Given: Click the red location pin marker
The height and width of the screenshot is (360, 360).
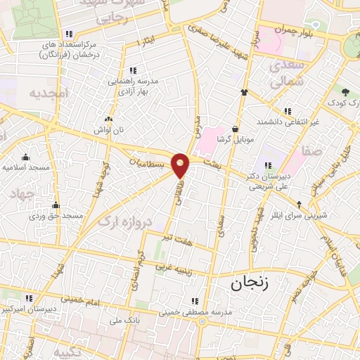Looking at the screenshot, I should [x=181, y=165].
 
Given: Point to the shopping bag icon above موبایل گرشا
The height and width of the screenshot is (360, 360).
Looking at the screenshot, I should [x=235, y=129].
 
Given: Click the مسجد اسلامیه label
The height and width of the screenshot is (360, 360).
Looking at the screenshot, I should [x=25, y=167].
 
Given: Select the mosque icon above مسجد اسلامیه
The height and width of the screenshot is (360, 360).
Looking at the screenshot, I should [x=25, y=157].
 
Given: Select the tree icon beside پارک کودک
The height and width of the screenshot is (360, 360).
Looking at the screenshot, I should [x=346, y=91].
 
